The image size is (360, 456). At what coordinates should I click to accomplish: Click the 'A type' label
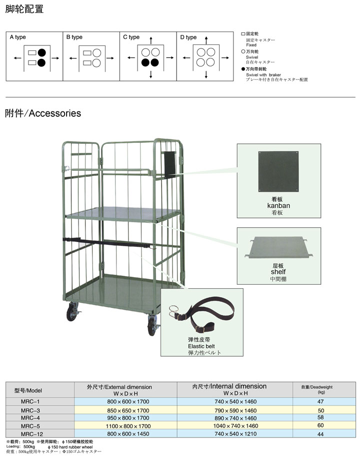point(17,37)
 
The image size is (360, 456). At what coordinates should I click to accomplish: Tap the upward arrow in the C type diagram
point(150,39)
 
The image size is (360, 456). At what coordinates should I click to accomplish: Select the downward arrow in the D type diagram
point(207,75)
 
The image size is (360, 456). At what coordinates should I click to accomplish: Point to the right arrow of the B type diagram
point(114,58)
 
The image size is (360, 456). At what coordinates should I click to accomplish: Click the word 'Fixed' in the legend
point(251,45)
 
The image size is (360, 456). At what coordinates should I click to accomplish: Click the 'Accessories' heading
point(55,113)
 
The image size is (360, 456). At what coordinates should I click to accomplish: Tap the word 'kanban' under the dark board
point(279,205)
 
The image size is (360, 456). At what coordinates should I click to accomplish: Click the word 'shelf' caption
point(278,272)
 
